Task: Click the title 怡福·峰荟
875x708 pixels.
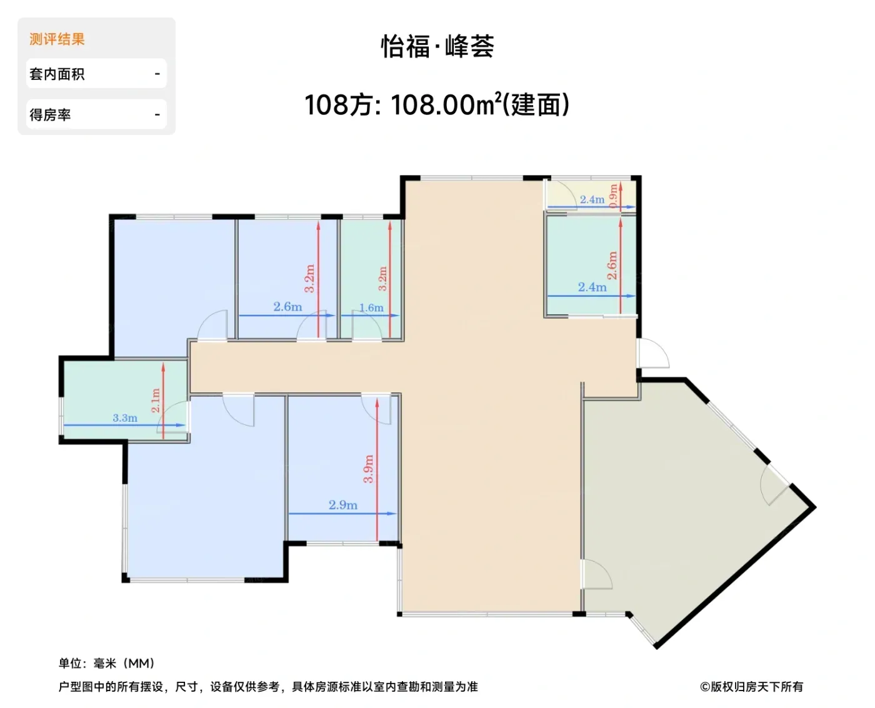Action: click(437, 46)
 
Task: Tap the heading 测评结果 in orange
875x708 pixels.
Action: click(57, 39)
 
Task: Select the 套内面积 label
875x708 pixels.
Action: click(57, 74)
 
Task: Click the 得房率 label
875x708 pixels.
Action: click(50, 114)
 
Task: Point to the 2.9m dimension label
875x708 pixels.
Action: click(343, 505)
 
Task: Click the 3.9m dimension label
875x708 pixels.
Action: click(369, 469)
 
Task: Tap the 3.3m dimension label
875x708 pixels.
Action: click(125, 418)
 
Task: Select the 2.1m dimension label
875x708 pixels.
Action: click(155, 400)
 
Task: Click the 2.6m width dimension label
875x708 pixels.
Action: click(287, 306)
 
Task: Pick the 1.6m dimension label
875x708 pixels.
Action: click(371, 307)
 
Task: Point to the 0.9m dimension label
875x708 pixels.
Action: click(613, 196)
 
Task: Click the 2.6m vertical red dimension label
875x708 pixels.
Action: click(612, 266)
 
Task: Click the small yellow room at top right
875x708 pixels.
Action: click(591, 196)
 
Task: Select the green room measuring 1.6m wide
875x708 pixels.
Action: click(371, 279)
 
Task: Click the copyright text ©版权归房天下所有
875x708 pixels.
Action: click(751, 687)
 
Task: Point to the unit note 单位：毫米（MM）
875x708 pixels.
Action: click(107, 663)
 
